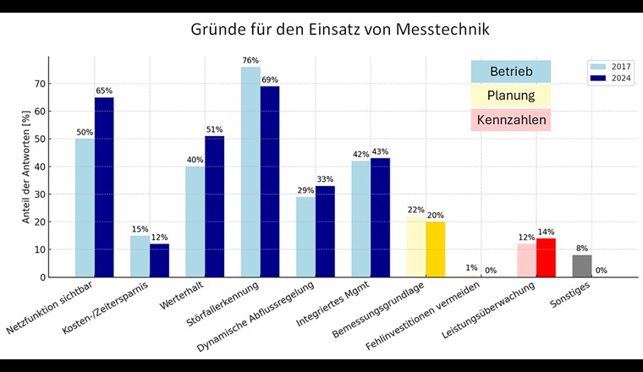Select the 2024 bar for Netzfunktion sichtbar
point(104,187)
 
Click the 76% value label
point(250,61)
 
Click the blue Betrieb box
point(510,72)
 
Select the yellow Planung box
point(510,96)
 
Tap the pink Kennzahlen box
point(510,120)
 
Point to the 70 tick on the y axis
point(39,83)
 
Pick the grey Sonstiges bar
point(582,265)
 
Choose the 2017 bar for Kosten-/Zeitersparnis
point(140,256)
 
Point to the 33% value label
point(326,179)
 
